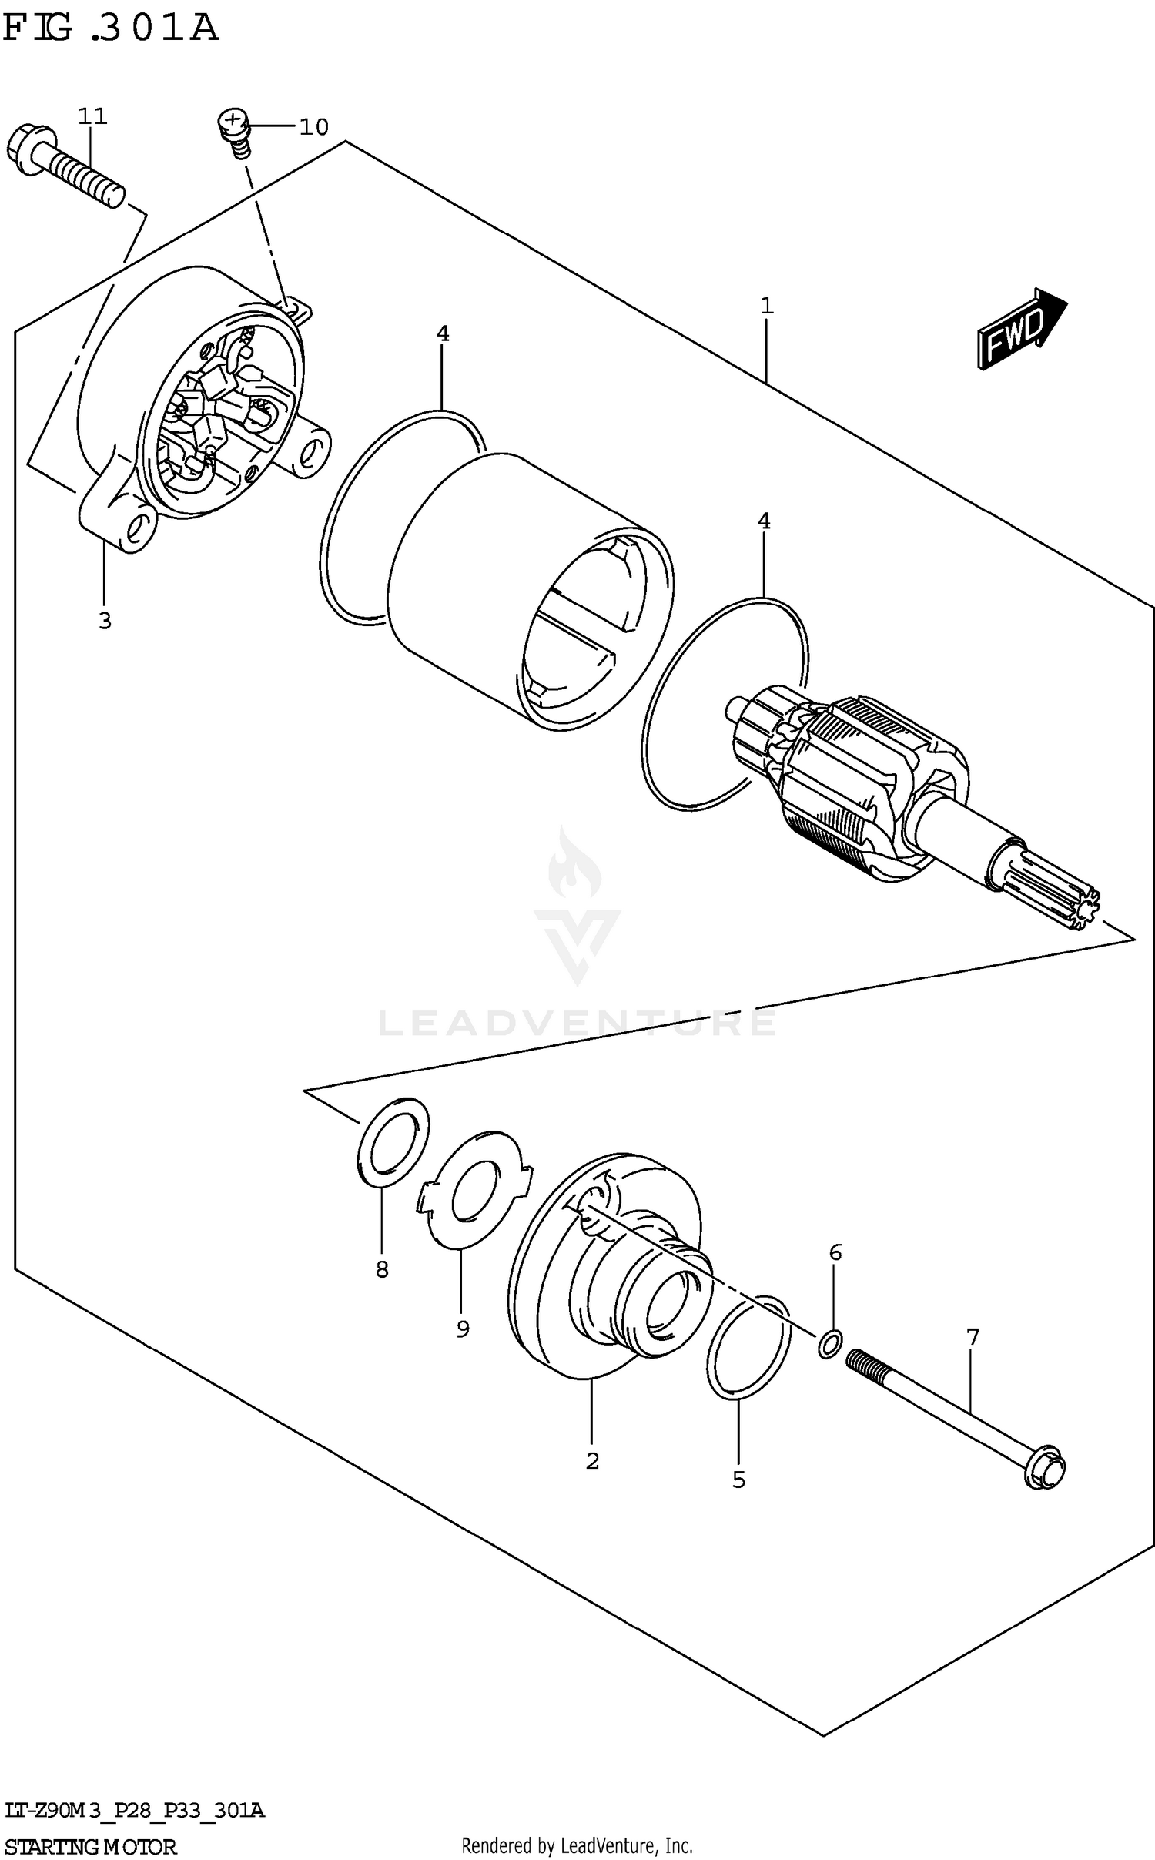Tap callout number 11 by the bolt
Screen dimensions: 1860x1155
pyautogui.click(x=92, y=116)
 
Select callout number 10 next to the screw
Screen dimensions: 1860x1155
pyautogui.click(x=313, y=126)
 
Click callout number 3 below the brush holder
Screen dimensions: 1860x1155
pyautogui.click(x=105, y=620)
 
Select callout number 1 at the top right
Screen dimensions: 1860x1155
pyautogui.click(x=766, y=307)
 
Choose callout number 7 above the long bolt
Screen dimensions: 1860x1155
pyautogui.click(x=973, y=1337)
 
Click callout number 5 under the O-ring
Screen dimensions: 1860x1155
pyautogui.click(x=738, y=1480)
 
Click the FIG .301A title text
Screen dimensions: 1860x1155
pyautogui.click(x=110, y=29)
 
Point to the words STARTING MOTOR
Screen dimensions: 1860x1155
pyautogui.click(x=91, y=1846)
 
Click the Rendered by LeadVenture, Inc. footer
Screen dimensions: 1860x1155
pyautogui.click(x=577, y=1845)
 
